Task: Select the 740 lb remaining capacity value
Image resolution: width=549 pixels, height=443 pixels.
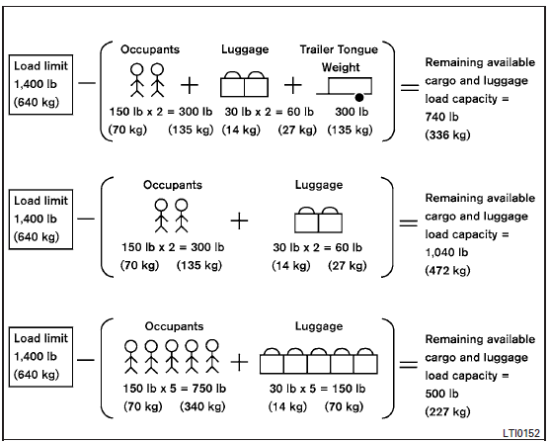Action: pos(437,117)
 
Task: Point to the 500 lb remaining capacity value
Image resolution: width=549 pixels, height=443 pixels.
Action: pos(437,394)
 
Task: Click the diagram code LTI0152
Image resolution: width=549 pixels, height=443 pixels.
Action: pos(521,432)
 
